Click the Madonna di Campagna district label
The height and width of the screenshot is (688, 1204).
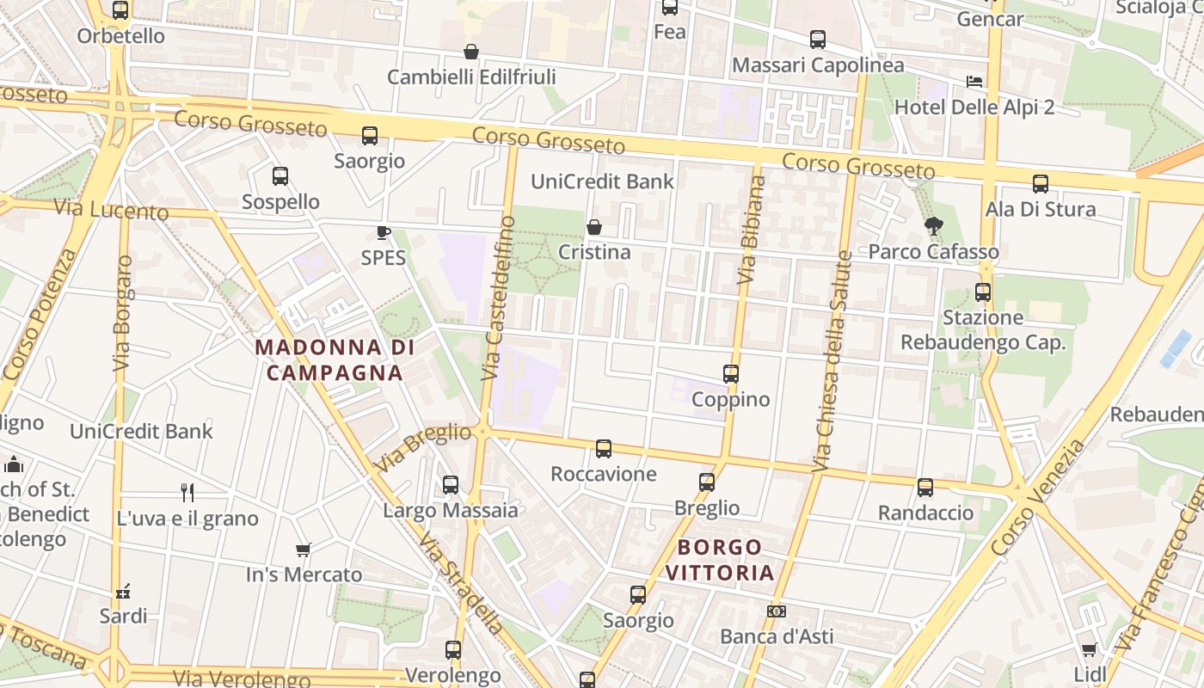pyautogui.click(x=335, y=360)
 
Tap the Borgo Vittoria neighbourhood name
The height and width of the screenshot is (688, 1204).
pyautogui.click(x=720, y=560)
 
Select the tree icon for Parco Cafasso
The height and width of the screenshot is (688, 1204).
pyautogui.click(x=933, y=226)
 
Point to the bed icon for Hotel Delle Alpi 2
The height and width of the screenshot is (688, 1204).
pyautogui.click(x=974, y=82)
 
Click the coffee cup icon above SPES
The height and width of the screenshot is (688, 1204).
pyautogui.click(x=384, y=232)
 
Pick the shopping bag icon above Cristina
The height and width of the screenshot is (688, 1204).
pyautogui.click(x=593, y=227)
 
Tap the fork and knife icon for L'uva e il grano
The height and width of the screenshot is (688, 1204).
pyautogui.click(x=187, y=492)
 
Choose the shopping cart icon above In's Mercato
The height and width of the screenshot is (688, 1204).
pyautogui.click(x=303, y=550)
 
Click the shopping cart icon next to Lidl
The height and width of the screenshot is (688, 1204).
pyautogui.click(x=1089, y=649)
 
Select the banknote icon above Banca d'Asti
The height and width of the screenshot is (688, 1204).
pyautogui.click(x=776, y=611)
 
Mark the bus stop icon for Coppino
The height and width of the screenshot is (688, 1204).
pyautogui.click(x=731, y=374)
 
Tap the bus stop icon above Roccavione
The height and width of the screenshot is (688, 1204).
pyautogui.click(x=604, y=448)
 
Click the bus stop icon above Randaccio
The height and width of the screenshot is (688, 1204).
pyautogui.click(x=925, y=488)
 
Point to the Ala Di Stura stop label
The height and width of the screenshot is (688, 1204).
pyautogui.click(x=1041, y=209)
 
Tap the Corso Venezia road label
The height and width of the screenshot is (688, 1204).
pyautogui.click(x=1038, y=498)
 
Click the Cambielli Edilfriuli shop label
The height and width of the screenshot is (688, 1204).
pyautogui.click(x=471, y=77)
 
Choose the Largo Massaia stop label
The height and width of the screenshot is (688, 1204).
pyautogui.click(x=451, y=511)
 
